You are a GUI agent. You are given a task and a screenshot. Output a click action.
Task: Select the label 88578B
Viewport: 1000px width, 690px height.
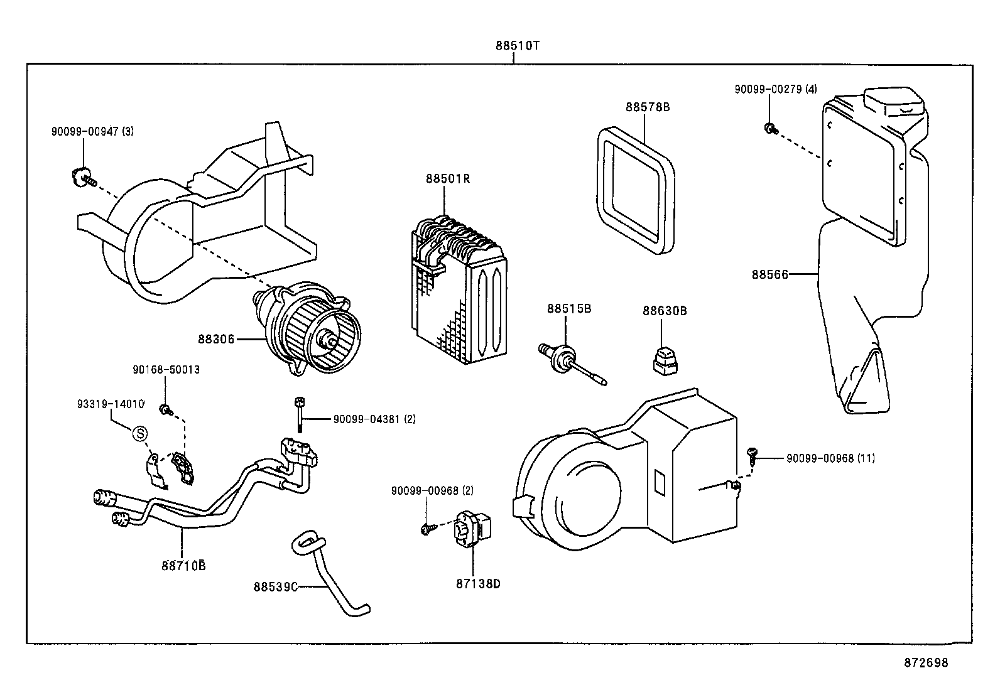click(x=647, y=107)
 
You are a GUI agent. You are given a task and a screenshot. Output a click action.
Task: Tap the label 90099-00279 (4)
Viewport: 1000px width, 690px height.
click(x=776, y=89)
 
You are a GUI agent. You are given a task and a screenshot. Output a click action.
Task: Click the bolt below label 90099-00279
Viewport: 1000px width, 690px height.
click(x=770, y=129)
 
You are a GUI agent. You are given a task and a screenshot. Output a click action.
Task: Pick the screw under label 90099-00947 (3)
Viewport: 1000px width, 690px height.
click(x=82, y=177)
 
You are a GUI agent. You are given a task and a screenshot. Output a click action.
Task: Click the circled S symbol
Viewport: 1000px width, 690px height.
click(x=140, y=433)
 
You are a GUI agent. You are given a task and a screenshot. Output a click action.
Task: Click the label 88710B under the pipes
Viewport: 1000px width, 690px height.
click(x=183, y=565)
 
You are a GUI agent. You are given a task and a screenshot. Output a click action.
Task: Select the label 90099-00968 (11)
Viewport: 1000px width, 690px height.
click(x=830, y=458)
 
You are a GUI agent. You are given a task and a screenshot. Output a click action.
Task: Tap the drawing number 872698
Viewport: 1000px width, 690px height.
click(x=926, y=662)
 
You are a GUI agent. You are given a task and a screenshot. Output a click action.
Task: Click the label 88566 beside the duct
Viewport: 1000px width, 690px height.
click(x=769, y=274)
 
